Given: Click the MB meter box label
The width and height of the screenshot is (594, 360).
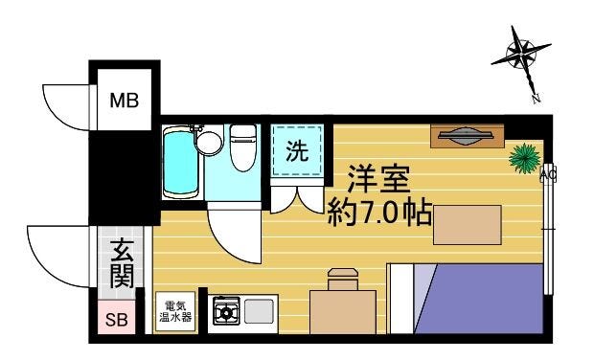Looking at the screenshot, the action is point(125,101).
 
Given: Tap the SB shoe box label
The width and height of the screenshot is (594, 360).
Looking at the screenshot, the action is point(117,320).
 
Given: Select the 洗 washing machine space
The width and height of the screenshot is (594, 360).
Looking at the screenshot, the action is point(297,150).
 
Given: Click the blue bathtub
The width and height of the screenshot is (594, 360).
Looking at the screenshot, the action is point(181,163).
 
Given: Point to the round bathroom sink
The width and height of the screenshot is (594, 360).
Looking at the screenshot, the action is point(209,143).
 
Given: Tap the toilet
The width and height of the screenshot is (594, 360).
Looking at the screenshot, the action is point(242,147).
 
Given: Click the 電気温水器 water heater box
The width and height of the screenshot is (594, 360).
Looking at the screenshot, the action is point(175,311).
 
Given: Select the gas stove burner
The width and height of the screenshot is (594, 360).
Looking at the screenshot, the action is point(226,311).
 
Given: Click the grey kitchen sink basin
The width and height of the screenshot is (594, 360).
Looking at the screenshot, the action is point(259,311).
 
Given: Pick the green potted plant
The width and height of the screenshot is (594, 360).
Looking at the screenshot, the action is point(525,158).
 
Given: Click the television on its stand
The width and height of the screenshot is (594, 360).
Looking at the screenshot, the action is point(466,135).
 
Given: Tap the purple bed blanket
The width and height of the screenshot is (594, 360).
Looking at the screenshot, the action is point(479,299).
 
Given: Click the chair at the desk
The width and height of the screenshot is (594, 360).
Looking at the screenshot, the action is point(343,279).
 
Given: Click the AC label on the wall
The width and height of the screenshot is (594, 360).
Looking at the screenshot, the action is point(548,175).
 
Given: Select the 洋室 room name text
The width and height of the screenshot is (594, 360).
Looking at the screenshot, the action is point(379,179).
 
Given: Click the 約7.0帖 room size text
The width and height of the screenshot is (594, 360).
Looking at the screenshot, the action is point(379,213).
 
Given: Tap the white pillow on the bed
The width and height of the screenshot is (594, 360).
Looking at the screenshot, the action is point(401,299).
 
